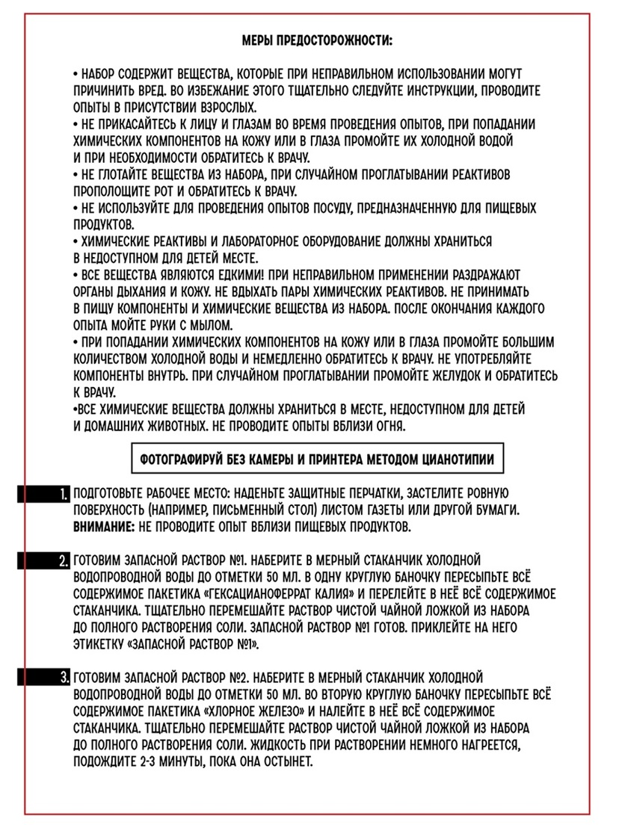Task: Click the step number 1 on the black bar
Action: tap(64, 495)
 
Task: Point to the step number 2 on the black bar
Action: tap(64, 560)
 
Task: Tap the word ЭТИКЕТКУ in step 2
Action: tap(100, 642)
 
